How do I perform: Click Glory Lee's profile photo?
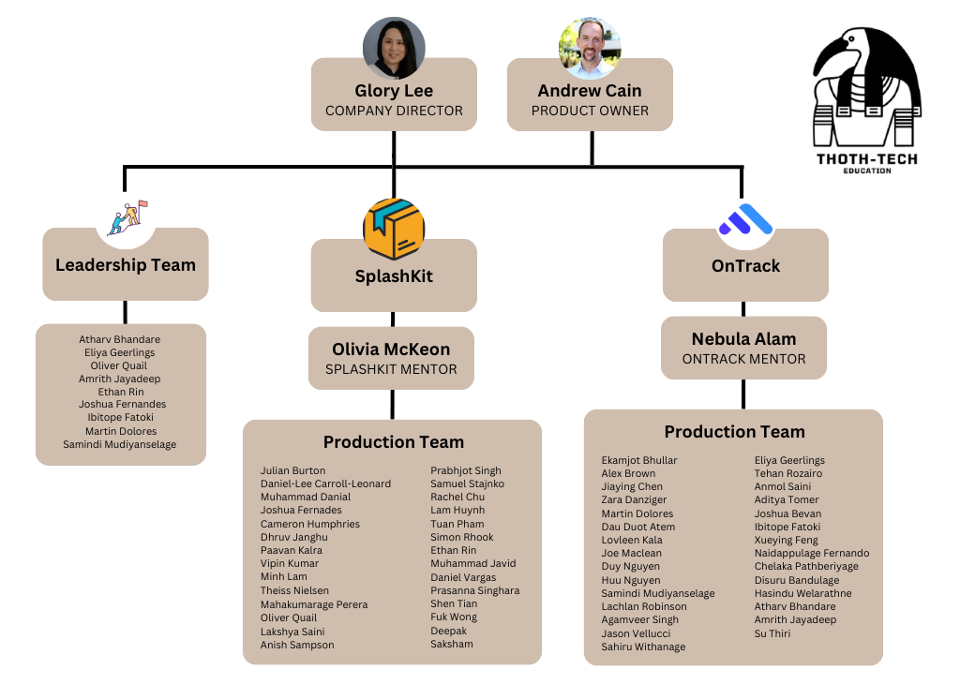coord(394,48)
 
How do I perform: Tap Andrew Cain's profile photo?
coord(590,48)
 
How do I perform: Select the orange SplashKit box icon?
coord(394,229)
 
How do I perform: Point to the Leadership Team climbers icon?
coord(127,217)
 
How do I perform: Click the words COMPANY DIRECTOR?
coord(394,111)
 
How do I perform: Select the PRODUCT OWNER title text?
coord(590,111)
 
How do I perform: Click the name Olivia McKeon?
coord(391,349)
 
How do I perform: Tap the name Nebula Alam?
coord(743,339)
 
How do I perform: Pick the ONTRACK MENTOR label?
coord(743,359)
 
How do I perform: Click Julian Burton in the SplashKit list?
coord(293,470)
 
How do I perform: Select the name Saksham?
coord(452,644)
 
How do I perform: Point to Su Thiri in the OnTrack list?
coord(772,633)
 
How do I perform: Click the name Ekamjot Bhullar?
coord(639,460)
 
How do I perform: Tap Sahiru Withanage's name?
coord(643,647)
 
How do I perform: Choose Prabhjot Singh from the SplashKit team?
coord(466,470)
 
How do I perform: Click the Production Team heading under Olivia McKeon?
coord(394,442)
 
